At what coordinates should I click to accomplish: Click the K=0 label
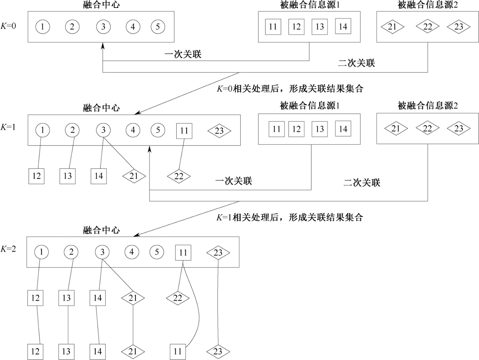click(x=8, y=26)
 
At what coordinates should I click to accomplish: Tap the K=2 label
click(x=8, y=249)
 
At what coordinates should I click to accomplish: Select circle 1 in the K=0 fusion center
click(x=42, y=27)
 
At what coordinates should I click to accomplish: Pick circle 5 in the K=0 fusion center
click(x=158, y=27)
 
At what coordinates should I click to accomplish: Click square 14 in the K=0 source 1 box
click(x=343, y=26)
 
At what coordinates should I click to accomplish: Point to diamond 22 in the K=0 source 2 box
click(x=428, y=27)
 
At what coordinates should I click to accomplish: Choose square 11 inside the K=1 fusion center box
click(x=184, y=131)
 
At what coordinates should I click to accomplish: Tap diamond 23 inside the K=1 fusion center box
click(x=219, y=131)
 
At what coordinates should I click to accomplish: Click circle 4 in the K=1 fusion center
click(x=133, y=130)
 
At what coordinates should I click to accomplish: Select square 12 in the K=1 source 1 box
click(x=296, y=129)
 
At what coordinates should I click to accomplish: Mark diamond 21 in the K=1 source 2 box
click(x=396, y=128)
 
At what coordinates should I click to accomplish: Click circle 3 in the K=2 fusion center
click(x=102, y=252)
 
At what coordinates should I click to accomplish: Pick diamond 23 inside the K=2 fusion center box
click(x=218, y=253)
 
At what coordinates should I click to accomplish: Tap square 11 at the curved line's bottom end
click(x=178, y=351)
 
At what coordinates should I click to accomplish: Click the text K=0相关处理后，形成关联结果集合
click(x=290, y=89)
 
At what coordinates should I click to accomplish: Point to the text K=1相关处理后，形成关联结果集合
click(x=290, y=217)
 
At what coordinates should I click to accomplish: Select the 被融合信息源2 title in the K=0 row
click(x=428, y=5)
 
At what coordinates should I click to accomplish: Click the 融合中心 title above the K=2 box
click(x=101, y=230)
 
